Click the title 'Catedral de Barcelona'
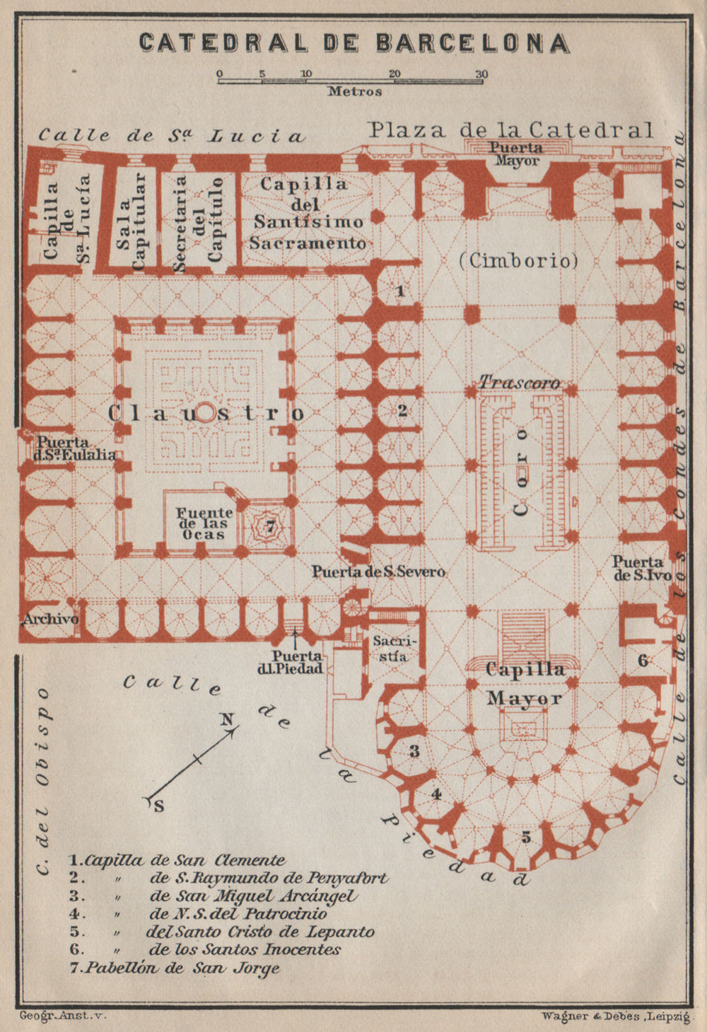point(353,42)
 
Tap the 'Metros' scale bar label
point(354,91)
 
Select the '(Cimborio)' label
point(518,260)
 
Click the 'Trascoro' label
point(520,383)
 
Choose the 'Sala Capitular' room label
point(133,221)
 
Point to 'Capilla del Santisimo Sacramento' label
point(305,213)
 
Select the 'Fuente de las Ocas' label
point(204,523)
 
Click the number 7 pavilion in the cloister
point(269,526)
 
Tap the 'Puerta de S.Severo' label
point(379,572)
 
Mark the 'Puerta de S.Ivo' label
point(642,568)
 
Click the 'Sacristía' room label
point(390,649)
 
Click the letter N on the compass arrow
point(226,720)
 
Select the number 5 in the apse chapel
point(525,837)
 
